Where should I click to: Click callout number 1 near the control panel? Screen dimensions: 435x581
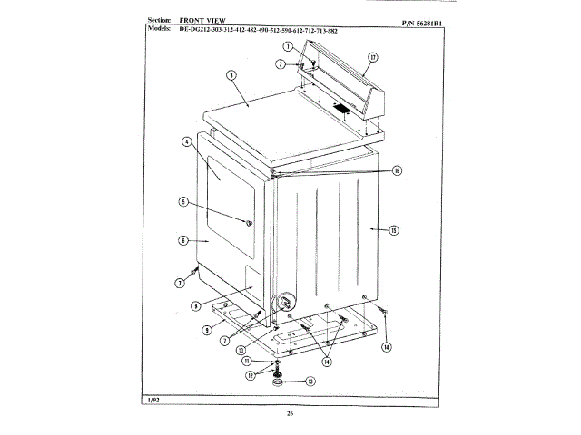287,45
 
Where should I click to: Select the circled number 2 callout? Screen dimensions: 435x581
281,64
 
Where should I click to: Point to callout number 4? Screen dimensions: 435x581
185,141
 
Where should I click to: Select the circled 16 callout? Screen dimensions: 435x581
397,170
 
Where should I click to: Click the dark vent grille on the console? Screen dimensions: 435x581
341,110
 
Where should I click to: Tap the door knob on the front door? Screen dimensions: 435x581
248,222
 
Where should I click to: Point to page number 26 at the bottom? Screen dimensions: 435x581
290,414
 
